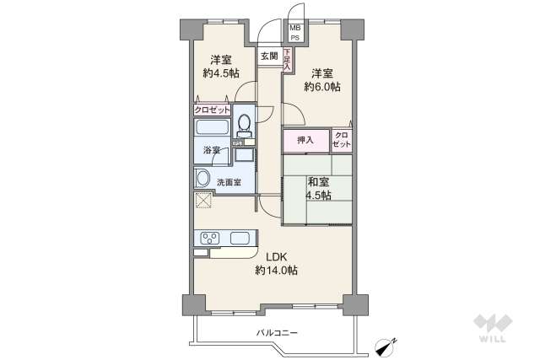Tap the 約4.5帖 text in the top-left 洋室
click(x=220, y=73)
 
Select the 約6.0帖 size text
click(x=323, y=87)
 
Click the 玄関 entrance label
click(x=268, y=56)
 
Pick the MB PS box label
click(x=295, y=33)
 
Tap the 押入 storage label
click(x=305, y=140)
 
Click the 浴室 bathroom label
click(x=211, y=151)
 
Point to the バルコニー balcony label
click(x=278, y=333)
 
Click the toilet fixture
click(x=244, y=126)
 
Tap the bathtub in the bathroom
click(x=213, y=129)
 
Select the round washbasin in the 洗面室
click(x=202, y=179)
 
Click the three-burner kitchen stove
click(x=209, y=238)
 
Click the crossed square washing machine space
click(x=203, y=201)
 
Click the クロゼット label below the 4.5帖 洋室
click(x=211, y=110)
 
